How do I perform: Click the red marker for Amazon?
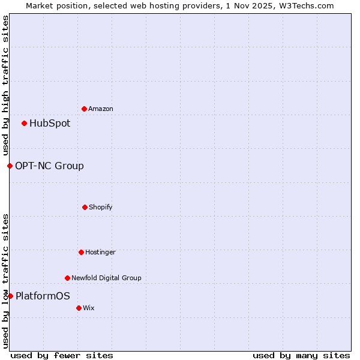(x=84, y=109)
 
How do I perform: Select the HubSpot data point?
(x=24, y=124)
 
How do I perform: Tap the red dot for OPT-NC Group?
(x=10, y=166)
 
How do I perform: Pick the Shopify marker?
(x=85, y=207)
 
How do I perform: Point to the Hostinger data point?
(x=81, y=252)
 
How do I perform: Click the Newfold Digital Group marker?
(x=67, y=278)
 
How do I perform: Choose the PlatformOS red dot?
(x=10, y=296)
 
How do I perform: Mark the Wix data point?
(x=79, y=308)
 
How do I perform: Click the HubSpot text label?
(x=50, y=124)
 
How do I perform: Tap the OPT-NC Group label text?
(x=49, y=166)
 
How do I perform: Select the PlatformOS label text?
(x=43, y=296)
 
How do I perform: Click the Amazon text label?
(x=101, y=109)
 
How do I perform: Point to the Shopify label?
(x=100, y=208)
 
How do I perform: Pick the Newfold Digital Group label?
(x=106, y=278)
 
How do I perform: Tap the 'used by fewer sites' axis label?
(x=62, y=355)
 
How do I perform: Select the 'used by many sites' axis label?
(x=301, y=355)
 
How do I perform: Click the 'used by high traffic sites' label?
(x=5, y=85)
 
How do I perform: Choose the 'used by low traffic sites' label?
(x=5, y=281)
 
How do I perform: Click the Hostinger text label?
(x=100, y=253)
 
